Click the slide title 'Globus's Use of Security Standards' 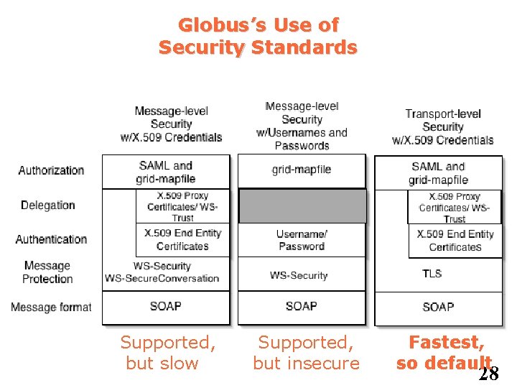(258, 37)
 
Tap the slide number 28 (489, 374)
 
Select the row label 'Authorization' (51, 170)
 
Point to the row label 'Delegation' (47, 205)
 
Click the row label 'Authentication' (51, 239)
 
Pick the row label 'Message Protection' (47, 272)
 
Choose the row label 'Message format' (51, 307)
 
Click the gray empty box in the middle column (302, 206)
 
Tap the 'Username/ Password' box (302, 240)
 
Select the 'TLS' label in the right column (432, 274)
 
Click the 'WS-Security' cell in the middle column (299, 275)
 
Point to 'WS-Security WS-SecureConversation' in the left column (162, 272)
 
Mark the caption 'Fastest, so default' (445, 353)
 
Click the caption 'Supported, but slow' (167, 353)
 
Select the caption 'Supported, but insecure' (306, 353)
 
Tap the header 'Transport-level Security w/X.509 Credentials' (442, 126)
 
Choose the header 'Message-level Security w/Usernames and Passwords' (302, 126)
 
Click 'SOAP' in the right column (438, 307)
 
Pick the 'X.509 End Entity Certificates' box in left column (182, 240)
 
